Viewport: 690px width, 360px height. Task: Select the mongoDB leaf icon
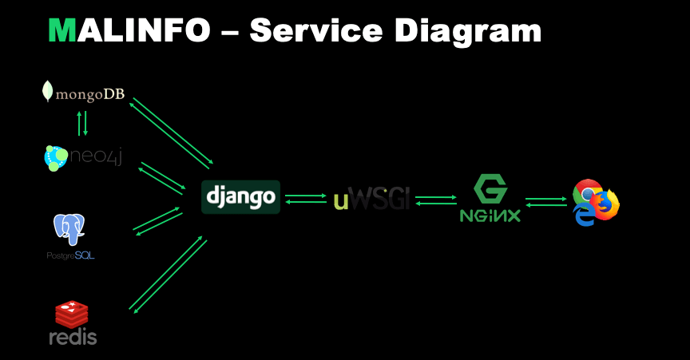(49, 92)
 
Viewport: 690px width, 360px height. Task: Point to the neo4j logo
(83, 156)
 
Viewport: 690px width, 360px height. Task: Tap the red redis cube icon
(71, 314)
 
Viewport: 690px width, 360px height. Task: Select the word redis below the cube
(73, 336)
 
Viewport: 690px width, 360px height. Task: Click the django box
(241, 196)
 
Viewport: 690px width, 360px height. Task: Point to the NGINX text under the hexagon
(490, 215)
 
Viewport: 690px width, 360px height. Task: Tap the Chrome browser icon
(588, 194)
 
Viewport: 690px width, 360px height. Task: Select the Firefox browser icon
(607, 204)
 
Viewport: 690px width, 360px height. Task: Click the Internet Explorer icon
(585, 215)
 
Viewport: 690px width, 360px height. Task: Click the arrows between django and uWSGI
(305, 198)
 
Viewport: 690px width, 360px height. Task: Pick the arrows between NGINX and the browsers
(545, 201)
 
